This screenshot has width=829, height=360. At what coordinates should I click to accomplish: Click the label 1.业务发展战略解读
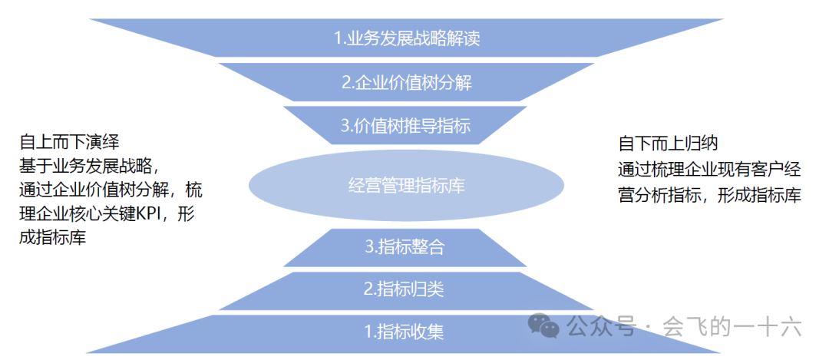[x=407, y=38]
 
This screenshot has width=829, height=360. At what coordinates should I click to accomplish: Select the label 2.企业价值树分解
[x=406, y=83]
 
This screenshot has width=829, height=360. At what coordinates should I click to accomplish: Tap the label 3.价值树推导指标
[x=406, y=126]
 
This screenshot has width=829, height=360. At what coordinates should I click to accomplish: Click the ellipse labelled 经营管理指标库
[x=406, y=185]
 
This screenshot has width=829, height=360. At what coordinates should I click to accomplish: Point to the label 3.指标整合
[x=405, y=247]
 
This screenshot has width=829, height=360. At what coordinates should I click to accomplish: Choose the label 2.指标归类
[x=405, y=289]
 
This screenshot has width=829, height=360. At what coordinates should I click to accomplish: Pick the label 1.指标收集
[x=405, y=332]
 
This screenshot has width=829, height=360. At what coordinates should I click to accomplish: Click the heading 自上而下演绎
[x=69, y=142]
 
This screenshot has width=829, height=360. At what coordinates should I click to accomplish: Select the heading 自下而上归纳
[x=667, y=143]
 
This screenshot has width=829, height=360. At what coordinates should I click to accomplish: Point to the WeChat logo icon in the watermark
[x=547, y=328]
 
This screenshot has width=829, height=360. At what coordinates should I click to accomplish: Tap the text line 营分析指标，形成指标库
[x=709, y=196]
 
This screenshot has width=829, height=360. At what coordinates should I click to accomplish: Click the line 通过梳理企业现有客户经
[x=709, y=169]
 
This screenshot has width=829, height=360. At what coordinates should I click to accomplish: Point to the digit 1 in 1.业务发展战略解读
[x=338, y=38]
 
